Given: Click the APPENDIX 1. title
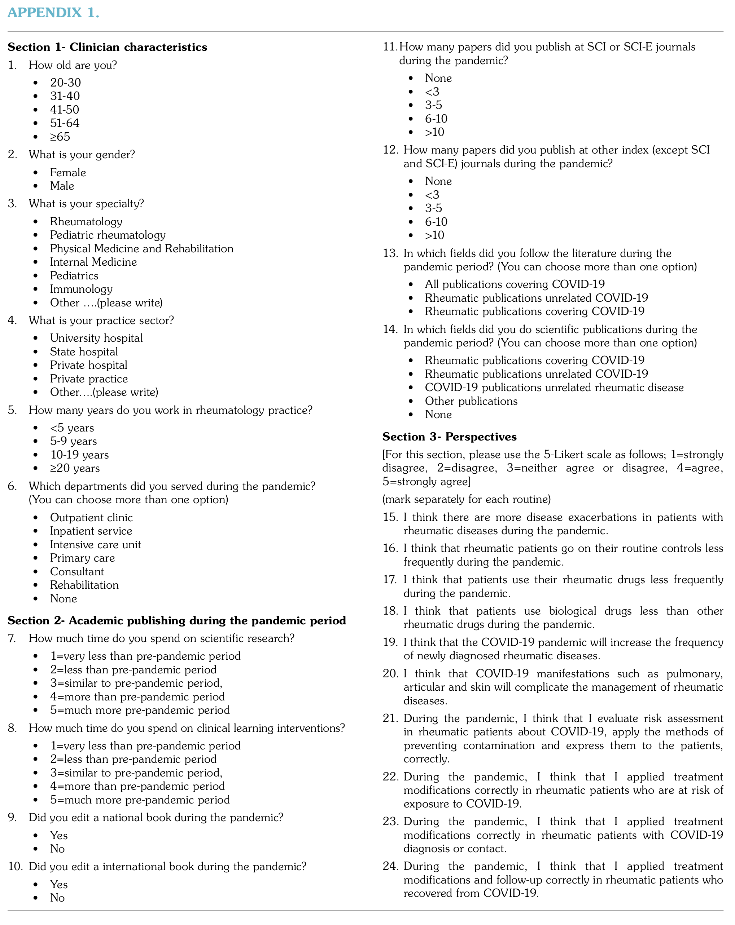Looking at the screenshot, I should click(x=53, y=13).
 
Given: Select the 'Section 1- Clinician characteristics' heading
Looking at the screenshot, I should click(x=107, y=47).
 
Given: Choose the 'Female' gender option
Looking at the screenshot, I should click(x=68, y=172).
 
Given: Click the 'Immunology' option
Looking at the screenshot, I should click(x=81, y=289).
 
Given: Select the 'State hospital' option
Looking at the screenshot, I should click(x=84, y=352).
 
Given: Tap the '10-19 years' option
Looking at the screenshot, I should click(x=79, y=455).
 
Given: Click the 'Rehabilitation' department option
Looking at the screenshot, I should click(x=84, y=585).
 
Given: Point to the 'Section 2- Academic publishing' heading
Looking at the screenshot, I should click(x=176, y=621).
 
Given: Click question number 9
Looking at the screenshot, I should click(x=12, y=817).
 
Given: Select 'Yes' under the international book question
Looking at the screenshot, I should click(x=59, y=884).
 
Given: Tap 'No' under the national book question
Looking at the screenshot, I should click(x=57, y=849).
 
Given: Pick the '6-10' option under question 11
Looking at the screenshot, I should click(x=436, y=119).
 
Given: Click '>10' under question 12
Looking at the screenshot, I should click(x=434, y=235).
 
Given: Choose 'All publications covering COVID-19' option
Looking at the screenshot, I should click(x=514, y=284).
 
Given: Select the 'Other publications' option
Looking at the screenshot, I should click(x=471, y=401).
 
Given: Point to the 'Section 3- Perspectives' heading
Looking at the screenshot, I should click(x=450, y=437).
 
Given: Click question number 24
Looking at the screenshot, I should click(x=390, y=866).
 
